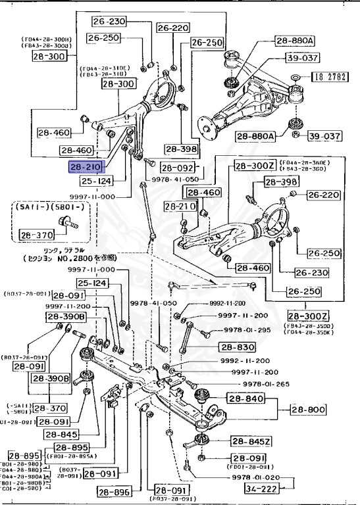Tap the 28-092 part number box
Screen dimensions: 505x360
click(x=175, y=168)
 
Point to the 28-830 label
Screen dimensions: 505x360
click(x=233, y=347)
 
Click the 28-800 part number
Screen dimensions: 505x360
click(x=312, y=409)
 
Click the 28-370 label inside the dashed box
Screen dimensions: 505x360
click(x=34, y=234)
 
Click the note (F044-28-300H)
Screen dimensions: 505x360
click(x=48, y=39)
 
